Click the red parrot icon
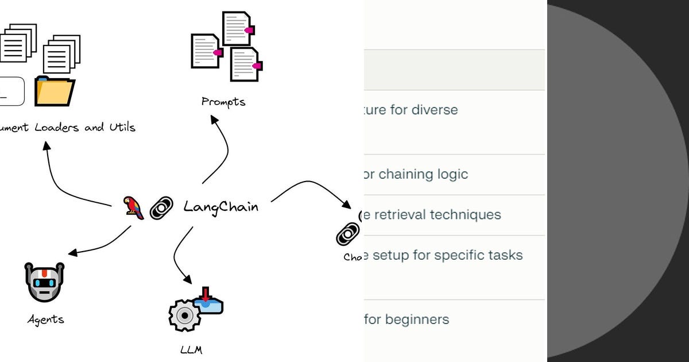(133, 207)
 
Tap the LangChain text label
(221, 207)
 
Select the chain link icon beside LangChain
(161, 208)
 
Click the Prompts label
(223, 102)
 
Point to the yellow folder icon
(55, 91)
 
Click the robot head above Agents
(44, 282)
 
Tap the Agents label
(45, 319)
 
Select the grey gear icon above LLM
(184, 315)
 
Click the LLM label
(191, 349)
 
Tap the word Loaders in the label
(57, 128)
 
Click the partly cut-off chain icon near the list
(348, 234)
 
